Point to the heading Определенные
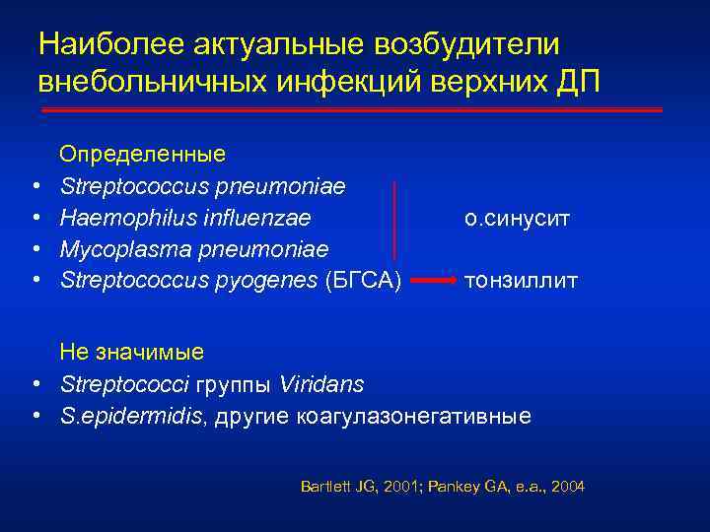click(143, 155)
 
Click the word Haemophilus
click(119, 217)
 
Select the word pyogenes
click(262, 281)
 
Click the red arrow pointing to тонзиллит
click(433, 282)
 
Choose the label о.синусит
click(516, 217)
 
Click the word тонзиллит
click(521, 281)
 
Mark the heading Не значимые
click(132, 352)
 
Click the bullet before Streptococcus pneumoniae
click(35, 186)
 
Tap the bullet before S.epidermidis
click(35, 416)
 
